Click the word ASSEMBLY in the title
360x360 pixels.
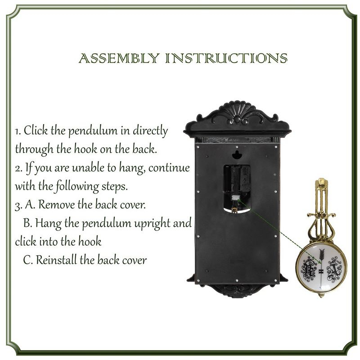[x=118, y=58]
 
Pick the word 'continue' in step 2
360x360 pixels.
[x=169, y=168]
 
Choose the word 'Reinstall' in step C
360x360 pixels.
[x=56, y=260]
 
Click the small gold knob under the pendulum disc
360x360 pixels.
[x=321, y=295]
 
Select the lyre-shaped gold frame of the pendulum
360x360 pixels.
[x=321, y=220]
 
